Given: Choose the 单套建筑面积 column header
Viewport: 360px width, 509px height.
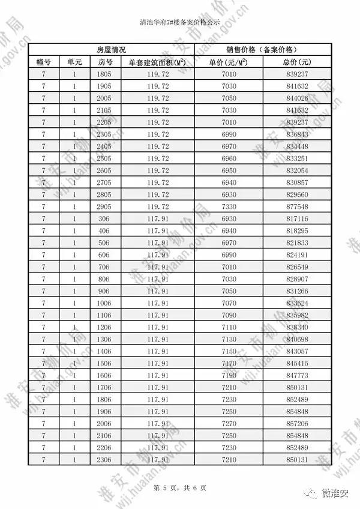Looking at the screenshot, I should tap(158, 62).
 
